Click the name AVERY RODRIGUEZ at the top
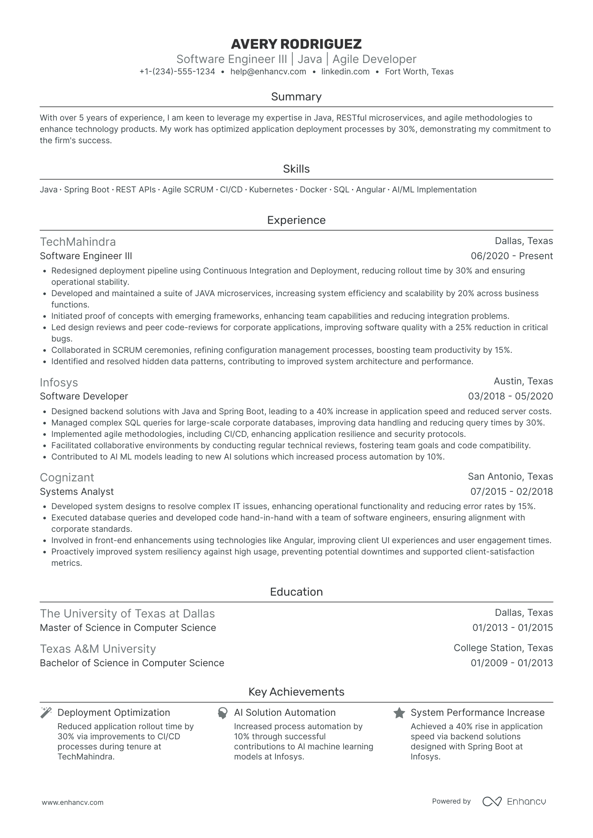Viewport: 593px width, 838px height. coord(296,44)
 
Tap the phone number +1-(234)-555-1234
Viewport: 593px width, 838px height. coord(177,72)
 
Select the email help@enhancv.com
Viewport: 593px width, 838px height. coord(268,72)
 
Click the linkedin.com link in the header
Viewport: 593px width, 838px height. coord(345,72)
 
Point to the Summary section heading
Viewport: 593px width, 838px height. coord(296,97)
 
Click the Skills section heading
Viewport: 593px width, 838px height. coord(296,169)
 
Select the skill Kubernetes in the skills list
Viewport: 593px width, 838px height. coord(271,190)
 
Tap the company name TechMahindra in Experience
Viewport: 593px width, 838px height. coord(78,242)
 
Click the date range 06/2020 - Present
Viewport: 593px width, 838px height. coord(512,256)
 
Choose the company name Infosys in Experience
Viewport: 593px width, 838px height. coord(59,383)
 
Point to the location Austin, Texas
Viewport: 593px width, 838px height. coord(523,381)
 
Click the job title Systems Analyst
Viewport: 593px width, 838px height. coord(77,491)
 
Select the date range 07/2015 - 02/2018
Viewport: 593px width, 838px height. coord(511,491)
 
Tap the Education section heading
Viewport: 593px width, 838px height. coord(296,592)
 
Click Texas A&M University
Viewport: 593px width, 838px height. coord(98,649)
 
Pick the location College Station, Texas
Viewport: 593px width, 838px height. coord(503,648)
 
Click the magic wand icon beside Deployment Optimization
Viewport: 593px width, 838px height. coord(46,712)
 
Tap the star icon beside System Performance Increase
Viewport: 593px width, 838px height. coord(399,713)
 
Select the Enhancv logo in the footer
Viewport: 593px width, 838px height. coord(514,801)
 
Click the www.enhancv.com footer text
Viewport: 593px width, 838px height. coord(72,802)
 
